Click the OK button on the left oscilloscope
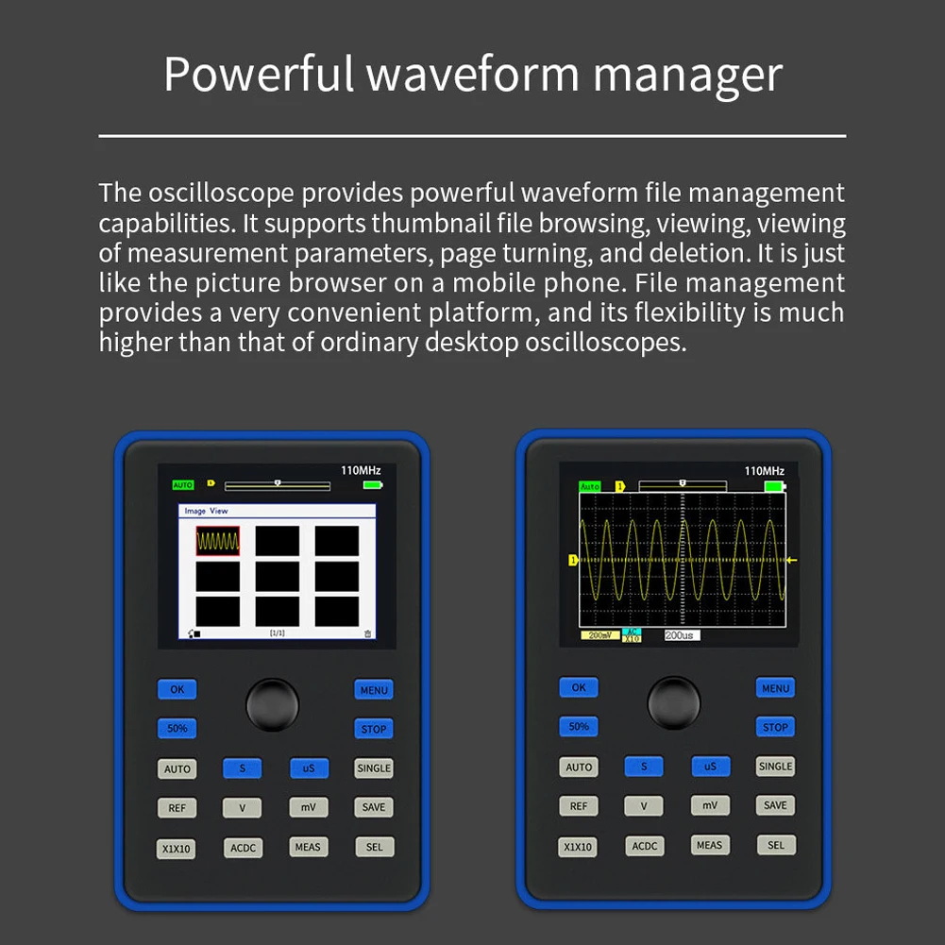[177, 689]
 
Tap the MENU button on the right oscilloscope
[775, 688]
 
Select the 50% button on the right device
[579, 726]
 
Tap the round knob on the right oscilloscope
[674, 702]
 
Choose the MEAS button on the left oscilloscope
[308, 847]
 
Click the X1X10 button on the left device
[177, 849]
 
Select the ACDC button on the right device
[645, 846]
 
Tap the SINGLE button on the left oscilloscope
[374, 768]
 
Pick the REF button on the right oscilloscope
[579, 806]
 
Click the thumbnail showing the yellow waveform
[218, 541]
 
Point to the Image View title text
[207, 511]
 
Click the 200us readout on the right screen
[681, 635]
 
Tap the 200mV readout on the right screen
[599, 635]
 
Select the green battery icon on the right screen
[775, 486]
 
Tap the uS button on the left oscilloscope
[309, 768]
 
